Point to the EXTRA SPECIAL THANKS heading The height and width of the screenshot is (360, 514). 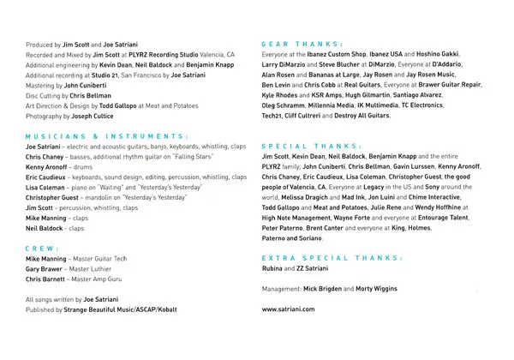[326, 257]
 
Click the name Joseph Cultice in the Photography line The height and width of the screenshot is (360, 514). [92, 116]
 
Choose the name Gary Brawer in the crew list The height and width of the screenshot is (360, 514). [45, 268]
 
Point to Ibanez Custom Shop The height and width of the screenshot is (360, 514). [351, 54]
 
